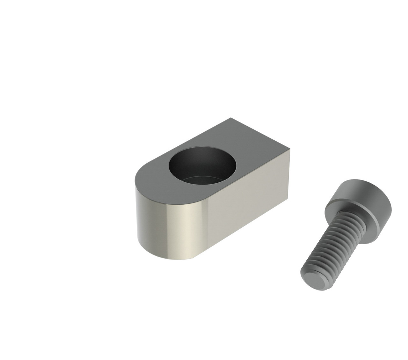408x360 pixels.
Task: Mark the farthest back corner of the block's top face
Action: [230, 119]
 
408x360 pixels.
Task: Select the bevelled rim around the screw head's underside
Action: [351, 220]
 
